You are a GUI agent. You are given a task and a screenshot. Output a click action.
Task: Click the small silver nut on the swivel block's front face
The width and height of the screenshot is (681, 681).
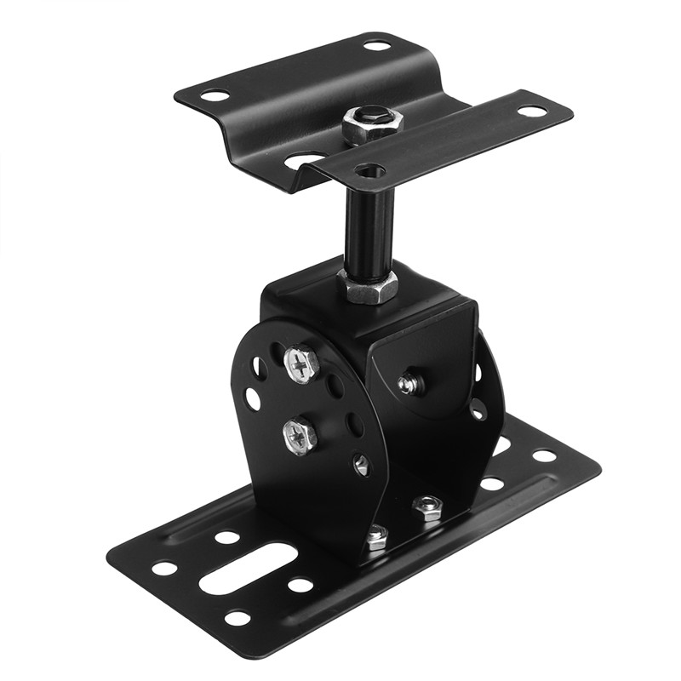410,384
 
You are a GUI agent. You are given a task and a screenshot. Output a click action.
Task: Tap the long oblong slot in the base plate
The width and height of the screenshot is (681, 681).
248,569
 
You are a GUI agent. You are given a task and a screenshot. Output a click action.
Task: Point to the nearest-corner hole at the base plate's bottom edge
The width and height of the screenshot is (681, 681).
237,618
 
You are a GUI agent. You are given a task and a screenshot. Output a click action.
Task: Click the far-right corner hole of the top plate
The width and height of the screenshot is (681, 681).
532,112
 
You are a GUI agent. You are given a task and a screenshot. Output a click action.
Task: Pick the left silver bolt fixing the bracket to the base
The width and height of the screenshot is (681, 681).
375,536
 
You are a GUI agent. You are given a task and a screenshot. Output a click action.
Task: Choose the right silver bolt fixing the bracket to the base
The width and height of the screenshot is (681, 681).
427,507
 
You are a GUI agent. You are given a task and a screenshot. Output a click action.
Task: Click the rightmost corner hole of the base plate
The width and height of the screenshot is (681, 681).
545,455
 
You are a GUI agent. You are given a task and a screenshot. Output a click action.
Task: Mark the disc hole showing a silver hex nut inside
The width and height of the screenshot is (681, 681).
362,465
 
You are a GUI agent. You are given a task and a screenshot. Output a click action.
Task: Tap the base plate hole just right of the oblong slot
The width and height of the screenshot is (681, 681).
300,585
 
